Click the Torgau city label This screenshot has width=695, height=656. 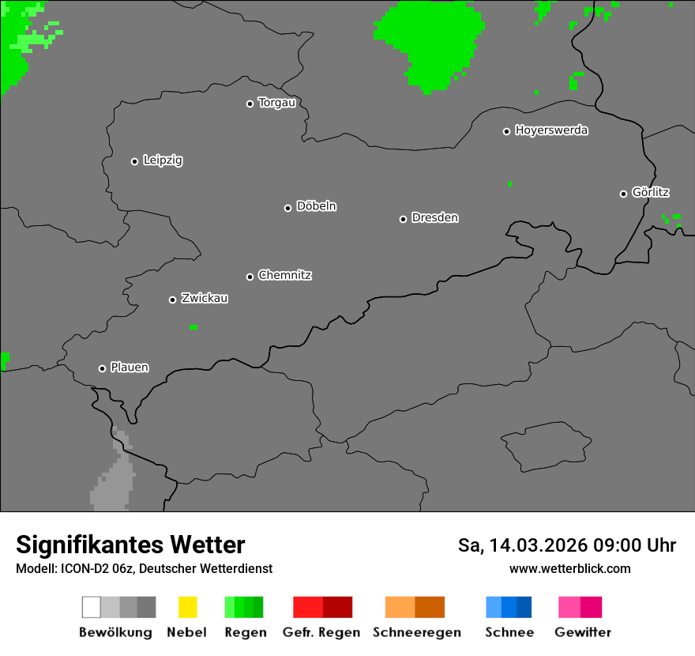click(276, 103)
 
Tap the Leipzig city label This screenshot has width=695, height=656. click(163, 160)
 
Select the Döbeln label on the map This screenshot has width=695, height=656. click(316, 206)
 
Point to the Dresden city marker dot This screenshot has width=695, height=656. click(403, 219)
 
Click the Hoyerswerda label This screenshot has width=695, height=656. click(551, 130)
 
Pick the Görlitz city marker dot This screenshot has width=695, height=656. click(623, 194)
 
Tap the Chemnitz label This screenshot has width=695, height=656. click(284, 275)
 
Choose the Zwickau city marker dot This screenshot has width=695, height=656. click(172, 300)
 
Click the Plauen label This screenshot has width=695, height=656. click(130, 368)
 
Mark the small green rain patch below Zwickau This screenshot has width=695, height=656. click(193, 327)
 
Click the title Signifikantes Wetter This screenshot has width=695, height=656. click(130, 545)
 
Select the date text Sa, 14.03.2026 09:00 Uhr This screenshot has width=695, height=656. click(566, 545)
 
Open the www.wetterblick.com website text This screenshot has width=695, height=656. click(569, 568)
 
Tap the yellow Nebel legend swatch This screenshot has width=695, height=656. click(187, 607)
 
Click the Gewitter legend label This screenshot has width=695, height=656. click(583, 632)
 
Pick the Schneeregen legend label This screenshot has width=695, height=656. click(416, 632)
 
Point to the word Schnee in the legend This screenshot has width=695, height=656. click(509, 632)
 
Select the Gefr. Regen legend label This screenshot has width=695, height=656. click(321, 632)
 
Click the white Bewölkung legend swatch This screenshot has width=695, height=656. click(91, 607)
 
